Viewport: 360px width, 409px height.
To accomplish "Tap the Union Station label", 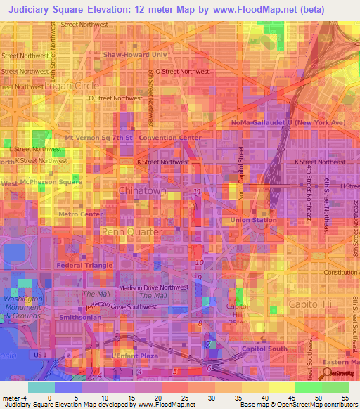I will point(254,220).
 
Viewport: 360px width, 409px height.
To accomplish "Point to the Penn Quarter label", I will point(132,231).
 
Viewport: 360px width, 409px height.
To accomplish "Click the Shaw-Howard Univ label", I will point(134,53).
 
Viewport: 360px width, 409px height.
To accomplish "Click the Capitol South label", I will point(264,349).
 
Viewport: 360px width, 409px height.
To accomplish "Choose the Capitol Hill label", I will point(313,304).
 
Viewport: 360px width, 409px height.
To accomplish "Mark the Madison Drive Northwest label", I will point(154,287).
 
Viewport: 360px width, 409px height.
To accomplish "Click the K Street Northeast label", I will point(315,162).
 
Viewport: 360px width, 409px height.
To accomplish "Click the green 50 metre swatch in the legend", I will point(309,387).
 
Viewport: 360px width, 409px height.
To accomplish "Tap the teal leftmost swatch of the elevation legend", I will point(41,387).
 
